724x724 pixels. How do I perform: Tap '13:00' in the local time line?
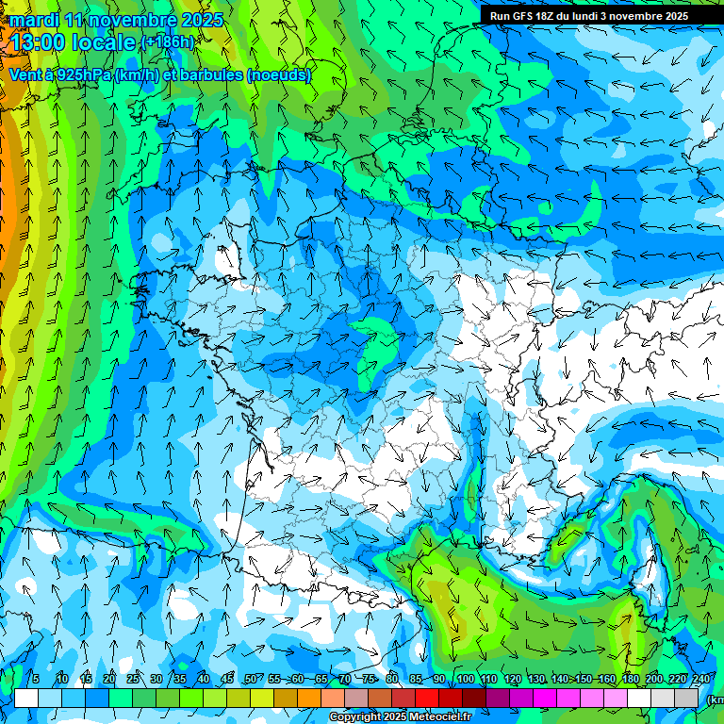38,42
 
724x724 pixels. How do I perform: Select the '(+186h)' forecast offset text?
167,42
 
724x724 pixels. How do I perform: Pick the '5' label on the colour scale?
36,679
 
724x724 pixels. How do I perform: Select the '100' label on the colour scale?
465,679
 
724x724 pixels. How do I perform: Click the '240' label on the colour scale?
701,679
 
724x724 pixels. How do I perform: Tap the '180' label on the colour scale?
629,679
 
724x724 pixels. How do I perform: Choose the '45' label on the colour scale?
227,679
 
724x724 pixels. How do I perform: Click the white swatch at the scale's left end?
26,698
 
